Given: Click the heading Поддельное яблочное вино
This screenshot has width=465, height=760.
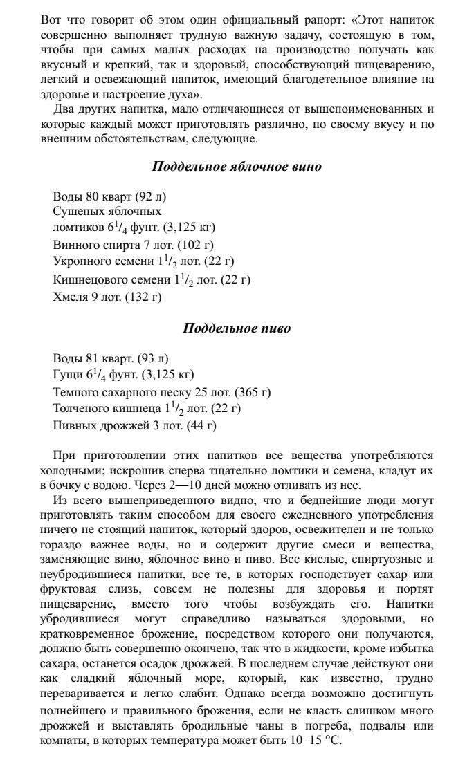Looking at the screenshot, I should click(236, 167).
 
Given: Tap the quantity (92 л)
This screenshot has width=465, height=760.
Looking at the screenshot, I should click(151, 196).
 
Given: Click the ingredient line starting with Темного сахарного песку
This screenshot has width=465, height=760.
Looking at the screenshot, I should click(162, 392).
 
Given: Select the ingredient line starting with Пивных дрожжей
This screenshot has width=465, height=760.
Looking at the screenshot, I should click(135, 425).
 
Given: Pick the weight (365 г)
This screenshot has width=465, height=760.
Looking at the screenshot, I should click(253, 392).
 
